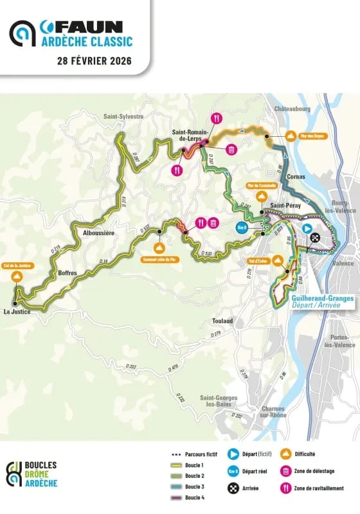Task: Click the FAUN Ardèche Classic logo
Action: click(71, 33)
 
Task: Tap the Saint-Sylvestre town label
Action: click(123, 116)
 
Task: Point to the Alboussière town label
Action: click(94, 233)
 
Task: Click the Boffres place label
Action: click(67, 273)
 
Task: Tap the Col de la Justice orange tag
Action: click(17, 266)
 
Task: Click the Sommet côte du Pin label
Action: click(159, 260)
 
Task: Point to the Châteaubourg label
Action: click(292, 110)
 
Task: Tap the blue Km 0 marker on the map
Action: click(242, 228)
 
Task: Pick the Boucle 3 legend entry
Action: click(194, 487)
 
